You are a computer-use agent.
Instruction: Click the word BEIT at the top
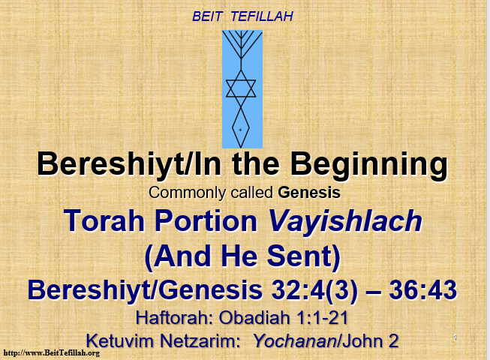tap(207, 16)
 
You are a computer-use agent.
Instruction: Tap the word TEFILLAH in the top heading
tap(262, 16)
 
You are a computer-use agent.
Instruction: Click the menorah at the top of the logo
tap(242, 44)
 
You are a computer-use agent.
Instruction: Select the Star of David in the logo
tap(241, 88)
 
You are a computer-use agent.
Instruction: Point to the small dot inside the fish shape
tap(240, 130)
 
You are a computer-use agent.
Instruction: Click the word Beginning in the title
tap(369, 164)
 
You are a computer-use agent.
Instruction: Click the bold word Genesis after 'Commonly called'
tap(309, 193)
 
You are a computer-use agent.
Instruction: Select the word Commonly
tap(187, 193)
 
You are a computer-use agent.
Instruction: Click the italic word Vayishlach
tap(345, 221)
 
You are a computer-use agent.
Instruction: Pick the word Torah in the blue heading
tap(104, 220)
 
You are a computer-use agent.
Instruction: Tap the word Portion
tap(206, 220)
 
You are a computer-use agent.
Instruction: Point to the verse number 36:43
tap(422, 290)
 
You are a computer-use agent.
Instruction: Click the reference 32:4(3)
tap(314, 291)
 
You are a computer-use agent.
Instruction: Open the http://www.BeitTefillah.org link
tap(52, 353)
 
